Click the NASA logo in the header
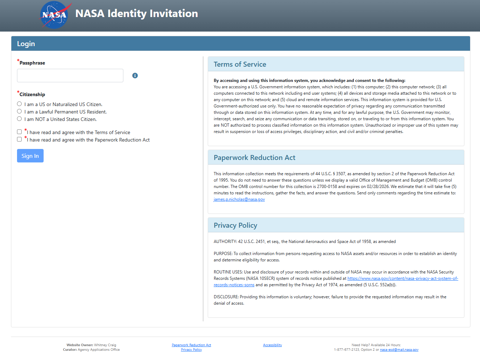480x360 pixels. [54, 15]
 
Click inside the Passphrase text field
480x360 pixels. [70, 76]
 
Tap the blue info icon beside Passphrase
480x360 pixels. [135, 76]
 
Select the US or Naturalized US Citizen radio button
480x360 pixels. [19, 104]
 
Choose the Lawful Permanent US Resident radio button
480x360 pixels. [19, 111]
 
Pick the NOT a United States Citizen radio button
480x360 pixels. [19, 119]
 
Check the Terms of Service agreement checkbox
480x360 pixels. [19, 132]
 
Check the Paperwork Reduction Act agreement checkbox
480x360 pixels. [19, 139]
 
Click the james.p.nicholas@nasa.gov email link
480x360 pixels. [239, 199]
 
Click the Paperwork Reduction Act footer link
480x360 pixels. [191, 345]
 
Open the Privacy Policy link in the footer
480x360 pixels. [191, 350]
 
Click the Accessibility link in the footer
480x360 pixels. [272, 345]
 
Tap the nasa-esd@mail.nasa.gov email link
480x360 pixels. [399, 350]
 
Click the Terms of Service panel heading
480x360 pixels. [240, 64]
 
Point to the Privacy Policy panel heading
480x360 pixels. [235, 225]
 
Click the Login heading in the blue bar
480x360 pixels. [26, 44]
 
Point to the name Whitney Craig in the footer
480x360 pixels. [105, 345]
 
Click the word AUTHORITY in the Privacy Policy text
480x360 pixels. [225, 242]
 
